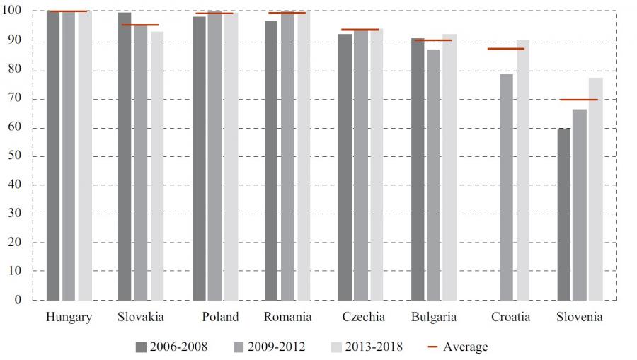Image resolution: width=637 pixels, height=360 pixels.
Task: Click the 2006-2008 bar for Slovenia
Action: click(x=564, y=214)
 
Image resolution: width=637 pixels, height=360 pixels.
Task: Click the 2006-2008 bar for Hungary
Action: click(x=53, y=156)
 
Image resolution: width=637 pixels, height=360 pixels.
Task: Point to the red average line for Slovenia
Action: click(x=579, y=100)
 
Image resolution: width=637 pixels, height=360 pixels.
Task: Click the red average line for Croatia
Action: click(x=506, y=49)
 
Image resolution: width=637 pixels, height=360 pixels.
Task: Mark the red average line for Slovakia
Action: click(x=140, y=25)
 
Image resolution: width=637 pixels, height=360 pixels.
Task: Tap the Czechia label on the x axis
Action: click(x=363, y=317)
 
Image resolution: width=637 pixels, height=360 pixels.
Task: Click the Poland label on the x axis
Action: click(x=219, y=317)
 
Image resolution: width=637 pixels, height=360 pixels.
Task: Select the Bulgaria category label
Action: click(x=434, y=317)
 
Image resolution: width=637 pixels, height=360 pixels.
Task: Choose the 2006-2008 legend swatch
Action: click(x=141, y=347)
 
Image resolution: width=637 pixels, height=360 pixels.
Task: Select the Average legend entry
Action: click(x=458, y=347)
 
